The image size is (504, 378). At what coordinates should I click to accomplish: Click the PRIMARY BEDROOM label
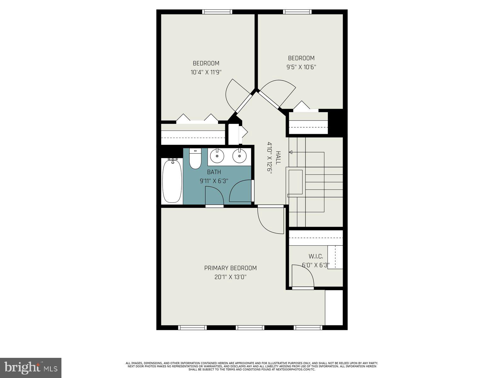click(x=230, y=268)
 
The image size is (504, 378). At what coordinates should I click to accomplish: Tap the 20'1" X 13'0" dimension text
click(x=230, y=277)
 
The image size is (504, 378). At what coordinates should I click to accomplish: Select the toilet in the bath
click(x=195, y=160)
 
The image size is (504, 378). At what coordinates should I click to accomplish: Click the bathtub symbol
click(x=172, y=180)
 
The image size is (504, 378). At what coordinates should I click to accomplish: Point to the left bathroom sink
click(x=217, y=156)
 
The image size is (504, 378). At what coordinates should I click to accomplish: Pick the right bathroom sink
click(x=239, y=156)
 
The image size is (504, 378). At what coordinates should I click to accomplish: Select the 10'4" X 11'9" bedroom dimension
click(x=206, y=72)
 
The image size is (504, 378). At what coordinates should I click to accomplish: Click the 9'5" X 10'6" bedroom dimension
click(x=301, y=67)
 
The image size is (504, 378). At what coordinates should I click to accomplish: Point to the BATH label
click(x=214, y=172)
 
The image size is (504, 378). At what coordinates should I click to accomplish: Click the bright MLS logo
click(x=31, y=368)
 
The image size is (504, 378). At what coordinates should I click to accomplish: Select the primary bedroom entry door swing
click(x=270, y=220)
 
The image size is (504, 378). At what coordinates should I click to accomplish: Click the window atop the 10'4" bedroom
click(x=217, y=12)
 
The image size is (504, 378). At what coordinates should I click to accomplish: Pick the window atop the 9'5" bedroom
click(x=297, y=12)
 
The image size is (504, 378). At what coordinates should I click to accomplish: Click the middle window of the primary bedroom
click(x=250, y=328)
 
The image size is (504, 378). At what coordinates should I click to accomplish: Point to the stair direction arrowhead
click(x=290, y=152)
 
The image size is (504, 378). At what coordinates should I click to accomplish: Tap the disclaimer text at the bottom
click(x=252, y=366)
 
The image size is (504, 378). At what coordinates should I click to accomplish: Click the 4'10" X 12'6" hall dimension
click(x=269, y=157)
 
